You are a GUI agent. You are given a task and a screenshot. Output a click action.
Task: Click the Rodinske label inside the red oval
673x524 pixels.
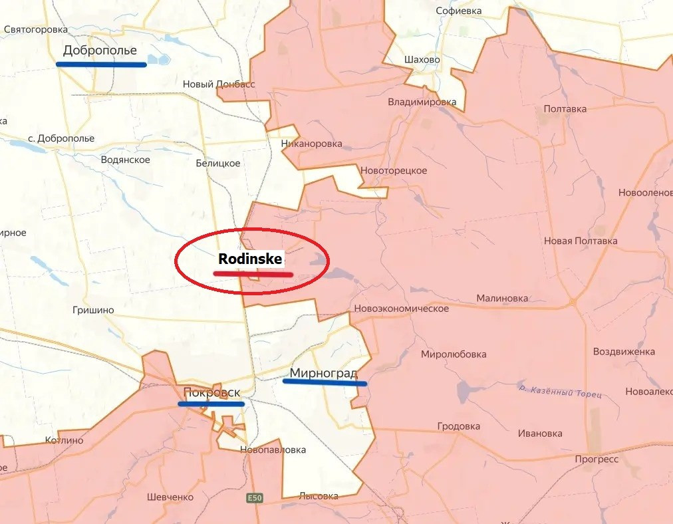click(250, 259)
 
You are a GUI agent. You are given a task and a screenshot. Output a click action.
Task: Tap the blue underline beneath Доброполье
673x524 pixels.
click(101, 65)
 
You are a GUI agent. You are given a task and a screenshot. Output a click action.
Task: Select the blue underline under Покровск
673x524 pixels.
click(211, 404)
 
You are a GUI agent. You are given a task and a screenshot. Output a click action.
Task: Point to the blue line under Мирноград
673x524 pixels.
click(325, 382)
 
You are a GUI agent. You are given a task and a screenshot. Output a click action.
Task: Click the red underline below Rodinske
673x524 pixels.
click(253, 273)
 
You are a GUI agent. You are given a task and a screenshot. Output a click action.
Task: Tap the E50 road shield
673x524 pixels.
click(253, 497)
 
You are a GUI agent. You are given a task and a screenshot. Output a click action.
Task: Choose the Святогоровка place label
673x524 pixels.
click(36, 29)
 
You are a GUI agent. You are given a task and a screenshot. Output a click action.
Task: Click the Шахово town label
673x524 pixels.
click(422, 59)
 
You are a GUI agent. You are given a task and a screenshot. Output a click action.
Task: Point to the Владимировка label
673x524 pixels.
click(422, 102)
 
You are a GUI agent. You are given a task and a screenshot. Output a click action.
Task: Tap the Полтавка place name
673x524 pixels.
click(565, 108)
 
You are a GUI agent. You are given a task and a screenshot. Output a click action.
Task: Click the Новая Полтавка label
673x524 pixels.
click(581, 241)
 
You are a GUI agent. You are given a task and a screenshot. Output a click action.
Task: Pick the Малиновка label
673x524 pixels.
click(502, 299)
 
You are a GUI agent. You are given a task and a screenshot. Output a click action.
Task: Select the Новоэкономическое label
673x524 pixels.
click(401, 309)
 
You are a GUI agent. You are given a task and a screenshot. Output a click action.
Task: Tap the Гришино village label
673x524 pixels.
click(93, 310)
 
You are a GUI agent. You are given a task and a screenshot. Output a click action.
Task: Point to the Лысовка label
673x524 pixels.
click(319, 495)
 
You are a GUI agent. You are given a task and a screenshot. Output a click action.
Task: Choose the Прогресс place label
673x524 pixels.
click(597, 459)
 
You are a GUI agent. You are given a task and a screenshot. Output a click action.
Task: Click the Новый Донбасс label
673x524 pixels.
click(219, 84)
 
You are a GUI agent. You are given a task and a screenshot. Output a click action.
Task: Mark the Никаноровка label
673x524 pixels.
click(311, 144)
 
